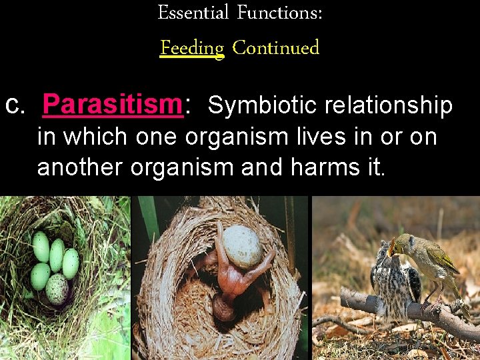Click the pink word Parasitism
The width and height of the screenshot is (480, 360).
[112, 105]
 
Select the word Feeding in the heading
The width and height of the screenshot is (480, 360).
[192, 48]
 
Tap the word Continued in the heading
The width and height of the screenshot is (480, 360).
[276, 48]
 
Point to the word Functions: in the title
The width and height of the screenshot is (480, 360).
[279, 13]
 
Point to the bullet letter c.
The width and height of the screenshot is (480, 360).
[15, 105]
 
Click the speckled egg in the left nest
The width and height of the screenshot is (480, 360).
[57, 289]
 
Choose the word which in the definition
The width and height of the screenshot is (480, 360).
[98, 137]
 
